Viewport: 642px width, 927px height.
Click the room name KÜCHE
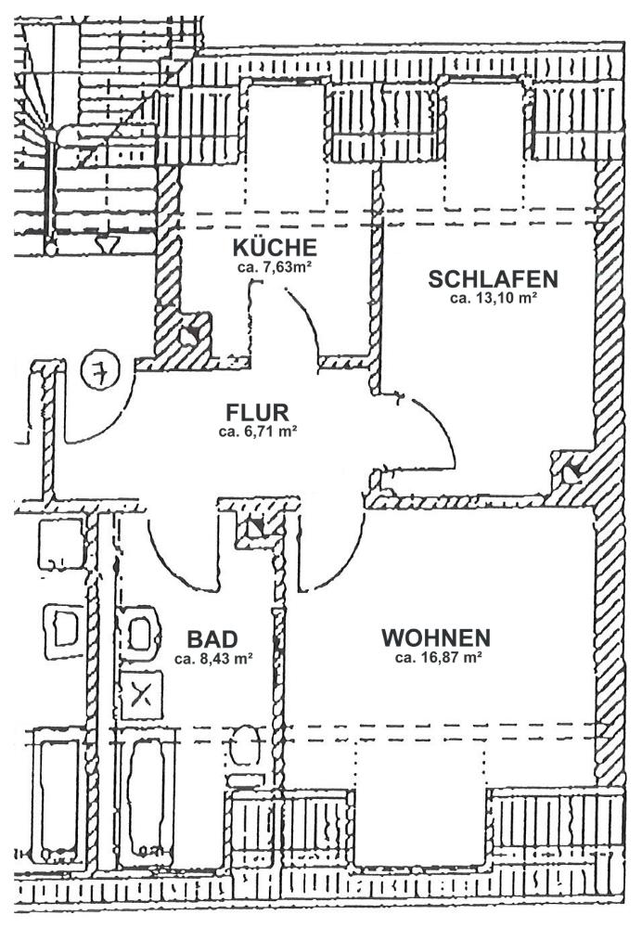tap(275, 247)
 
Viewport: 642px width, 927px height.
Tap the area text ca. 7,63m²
tap(275, 267)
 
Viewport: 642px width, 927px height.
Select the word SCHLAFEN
tap(493, 279)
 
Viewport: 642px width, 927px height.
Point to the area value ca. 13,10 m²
tap(493, 299)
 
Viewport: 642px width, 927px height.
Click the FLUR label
tap(257, 411)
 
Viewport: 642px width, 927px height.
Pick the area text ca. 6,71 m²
tap(257, 431)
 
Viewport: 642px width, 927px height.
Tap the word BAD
tap(212, 639)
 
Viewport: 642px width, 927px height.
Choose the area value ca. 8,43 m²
tap(214, 659)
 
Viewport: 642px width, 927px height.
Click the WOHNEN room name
tap(436, 637)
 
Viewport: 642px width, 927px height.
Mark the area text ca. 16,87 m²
tap(438, 657)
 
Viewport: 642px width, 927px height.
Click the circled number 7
tap(100, 370)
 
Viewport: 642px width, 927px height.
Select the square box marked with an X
tap(141, 695)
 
